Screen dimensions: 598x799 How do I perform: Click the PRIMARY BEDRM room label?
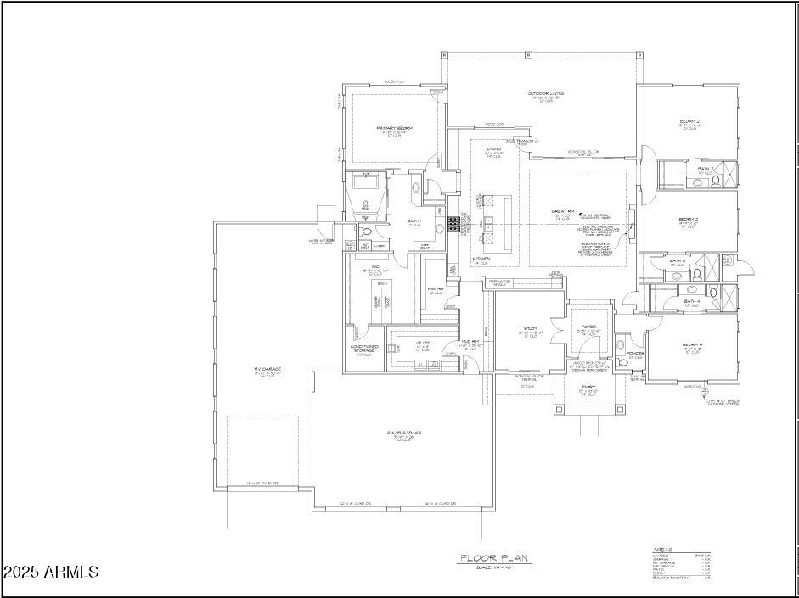click(394, 128)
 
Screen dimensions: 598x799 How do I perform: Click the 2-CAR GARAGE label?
click(404, 433)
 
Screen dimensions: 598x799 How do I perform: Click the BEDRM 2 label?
click(689, 121)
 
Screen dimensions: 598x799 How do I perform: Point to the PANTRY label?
click(436, 289)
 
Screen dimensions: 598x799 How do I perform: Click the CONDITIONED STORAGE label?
click(364, 349)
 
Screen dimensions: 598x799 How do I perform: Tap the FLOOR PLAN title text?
click(494, 558)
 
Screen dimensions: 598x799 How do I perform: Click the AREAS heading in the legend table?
click(663, 549)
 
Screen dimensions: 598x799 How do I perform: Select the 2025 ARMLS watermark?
click(51, 573)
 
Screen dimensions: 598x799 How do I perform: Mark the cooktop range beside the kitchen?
click(453, 225)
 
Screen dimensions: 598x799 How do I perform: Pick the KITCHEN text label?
click(481, 258)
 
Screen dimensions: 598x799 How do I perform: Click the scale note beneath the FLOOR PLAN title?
click(493, 567)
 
